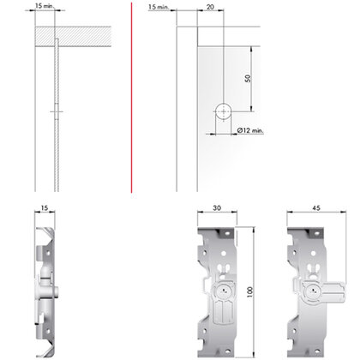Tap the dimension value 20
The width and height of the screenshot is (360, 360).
(x=211, y=6)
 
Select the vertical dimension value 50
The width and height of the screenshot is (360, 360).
(x=248, y=78)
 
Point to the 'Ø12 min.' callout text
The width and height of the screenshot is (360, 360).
(x=251, y=129)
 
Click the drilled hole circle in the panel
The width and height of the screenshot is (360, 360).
(x=222, y=111)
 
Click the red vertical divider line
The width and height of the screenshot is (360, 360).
(x=131, y=94)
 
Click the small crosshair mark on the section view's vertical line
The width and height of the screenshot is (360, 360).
(x=55, y=112)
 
